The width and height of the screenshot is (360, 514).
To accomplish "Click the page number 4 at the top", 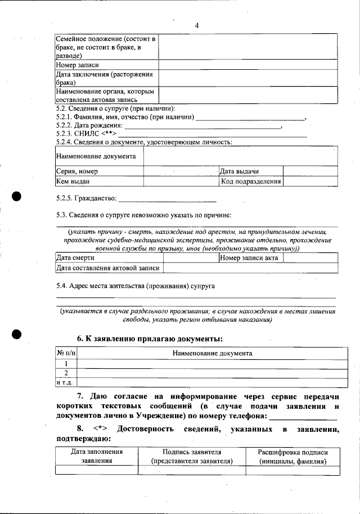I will [196, 25].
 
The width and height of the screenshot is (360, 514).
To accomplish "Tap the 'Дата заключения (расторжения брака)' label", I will [106, 78].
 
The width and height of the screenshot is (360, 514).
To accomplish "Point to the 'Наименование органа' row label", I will [106, 95].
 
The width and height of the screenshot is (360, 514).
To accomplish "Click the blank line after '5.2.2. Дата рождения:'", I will [202, 126].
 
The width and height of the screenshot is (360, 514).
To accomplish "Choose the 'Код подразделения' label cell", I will [250, 181].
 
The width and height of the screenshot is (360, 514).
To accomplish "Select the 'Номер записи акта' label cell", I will [249, 258].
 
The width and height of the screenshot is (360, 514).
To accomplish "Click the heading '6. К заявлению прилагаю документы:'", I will [150, 339].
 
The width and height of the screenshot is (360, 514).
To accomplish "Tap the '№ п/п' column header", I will [66, 353].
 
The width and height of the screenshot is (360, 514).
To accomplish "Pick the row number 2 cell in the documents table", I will [66, 373].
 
